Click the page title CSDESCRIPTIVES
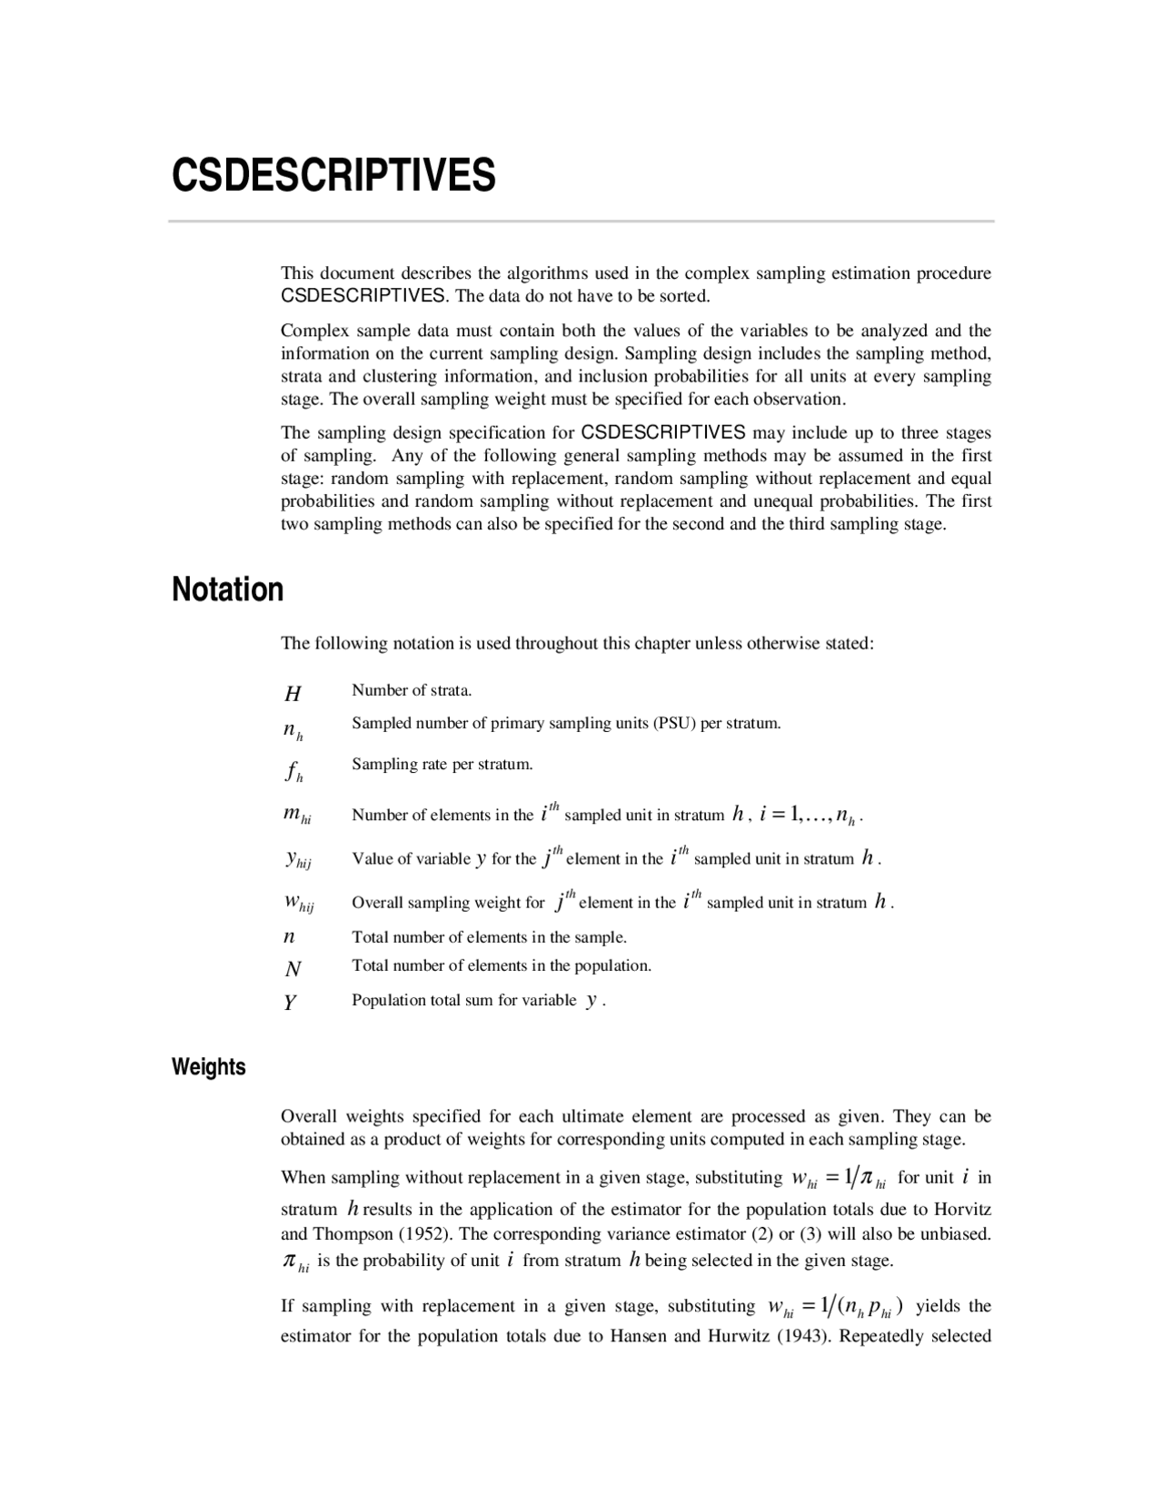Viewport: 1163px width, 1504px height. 333,175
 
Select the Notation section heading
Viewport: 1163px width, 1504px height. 228,589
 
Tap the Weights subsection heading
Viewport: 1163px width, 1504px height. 209,1066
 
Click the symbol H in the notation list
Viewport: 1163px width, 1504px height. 293,695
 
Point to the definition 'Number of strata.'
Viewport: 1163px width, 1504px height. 412,690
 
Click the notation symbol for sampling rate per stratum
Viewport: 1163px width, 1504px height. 293,772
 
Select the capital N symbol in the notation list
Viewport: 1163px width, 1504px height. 293,969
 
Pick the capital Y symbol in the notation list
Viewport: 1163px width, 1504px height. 290,1003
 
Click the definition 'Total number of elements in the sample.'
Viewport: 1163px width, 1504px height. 489,937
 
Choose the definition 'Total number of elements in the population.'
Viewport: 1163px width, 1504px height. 502,965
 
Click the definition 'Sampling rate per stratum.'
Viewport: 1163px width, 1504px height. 442,764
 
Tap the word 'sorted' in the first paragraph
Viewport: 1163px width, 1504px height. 682,296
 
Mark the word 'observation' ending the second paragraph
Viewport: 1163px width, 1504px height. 799,399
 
